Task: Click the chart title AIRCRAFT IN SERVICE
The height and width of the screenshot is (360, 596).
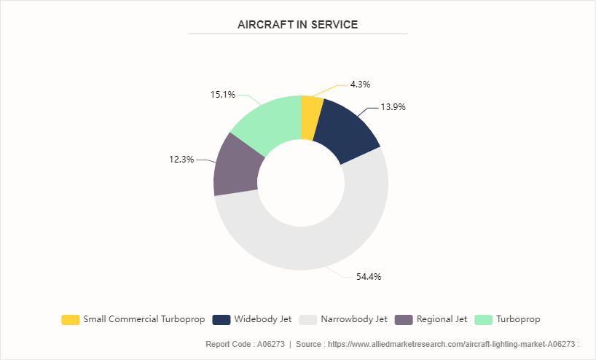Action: pyautogui.click(x=297, y=25)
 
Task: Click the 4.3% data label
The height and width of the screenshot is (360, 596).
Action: pyautogui.click(x=361, y=85)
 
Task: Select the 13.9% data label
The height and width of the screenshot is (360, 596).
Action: pyautogui.click(x=393, y=106)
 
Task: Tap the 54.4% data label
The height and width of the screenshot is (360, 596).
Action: pyautogui.click(x=369, y=276)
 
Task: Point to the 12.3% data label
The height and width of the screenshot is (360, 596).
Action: pyautogui.click(x=181, y=159)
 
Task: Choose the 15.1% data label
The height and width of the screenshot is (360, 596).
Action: pyautogui.click(x=222, y=94)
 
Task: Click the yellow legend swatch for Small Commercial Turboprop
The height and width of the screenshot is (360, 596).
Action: pyautogui.click(x=71, y=319)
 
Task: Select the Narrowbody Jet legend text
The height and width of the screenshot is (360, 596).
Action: pyautogui.click(x=354, y=319)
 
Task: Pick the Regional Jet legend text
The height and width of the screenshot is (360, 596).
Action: pyautogui.click(x=442, y=319)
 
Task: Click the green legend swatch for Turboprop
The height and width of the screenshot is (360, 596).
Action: pyautogui.click(x=483, y=319)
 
